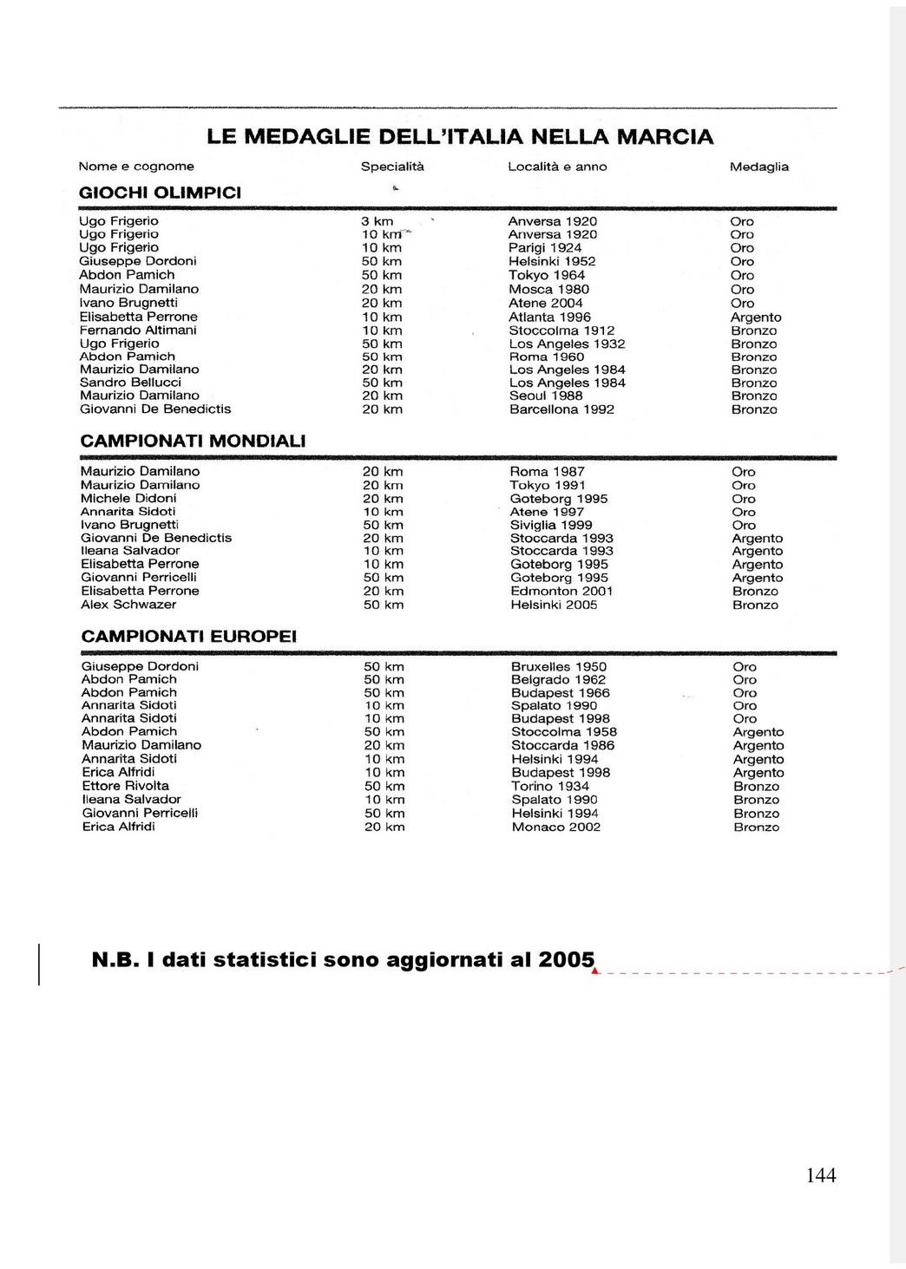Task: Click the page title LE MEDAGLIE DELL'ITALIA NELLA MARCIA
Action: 460,137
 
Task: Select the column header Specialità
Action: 392,167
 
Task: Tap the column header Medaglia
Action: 758,167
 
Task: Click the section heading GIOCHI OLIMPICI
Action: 160,193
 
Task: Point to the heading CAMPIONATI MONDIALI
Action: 193,441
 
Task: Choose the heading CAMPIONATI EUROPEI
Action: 188,637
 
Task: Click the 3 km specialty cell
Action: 377,221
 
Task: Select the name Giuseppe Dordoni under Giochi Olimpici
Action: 138,261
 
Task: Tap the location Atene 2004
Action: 545,303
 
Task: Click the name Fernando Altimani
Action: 138,330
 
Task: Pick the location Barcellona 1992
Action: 561,409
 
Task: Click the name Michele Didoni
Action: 128,499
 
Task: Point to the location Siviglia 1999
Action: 551,525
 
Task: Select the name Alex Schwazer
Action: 128,605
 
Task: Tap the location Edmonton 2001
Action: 561,592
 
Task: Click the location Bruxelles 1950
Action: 559,667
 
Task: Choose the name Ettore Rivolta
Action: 126,786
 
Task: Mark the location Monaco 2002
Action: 555,827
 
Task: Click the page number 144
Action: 821,1175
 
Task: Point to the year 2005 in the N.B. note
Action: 566,960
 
